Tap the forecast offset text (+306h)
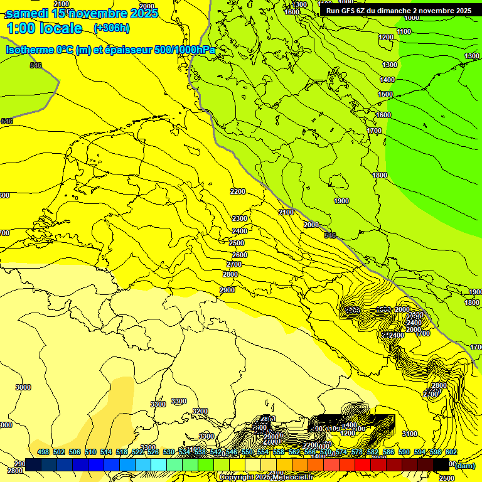click(112, 28)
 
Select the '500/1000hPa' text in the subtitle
click(185, 50)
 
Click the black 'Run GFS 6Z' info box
click(399, 11)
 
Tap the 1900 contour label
click(341, 201)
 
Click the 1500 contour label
click(385, 94)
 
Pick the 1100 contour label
click(404, 31)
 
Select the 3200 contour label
click(200, 411)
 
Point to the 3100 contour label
click(410, 434)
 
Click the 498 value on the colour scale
click(43, 452)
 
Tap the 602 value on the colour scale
click(451, 452)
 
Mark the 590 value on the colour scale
click(404, 452)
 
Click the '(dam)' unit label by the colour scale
click(465, 466)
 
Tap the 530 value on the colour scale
click(169, 452)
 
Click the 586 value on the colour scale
click(388, 452)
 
